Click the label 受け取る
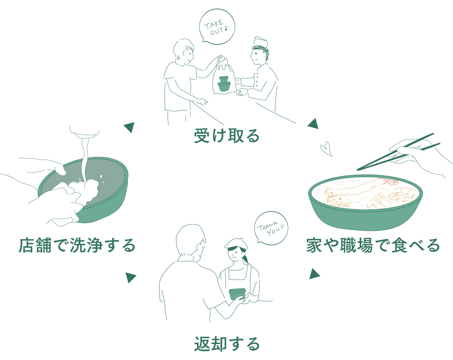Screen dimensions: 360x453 pyautogui.click(x=227, y=136)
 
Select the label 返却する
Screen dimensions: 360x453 pyautogui.click(x=227, y=344)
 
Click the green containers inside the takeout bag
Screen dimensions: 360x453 pyautogui.click(x=224, y=84)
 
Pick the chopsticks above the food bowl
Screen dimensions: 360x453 pyautogui.click(x=398, y=152)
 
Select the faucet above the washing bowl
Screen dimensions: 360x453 pyautogui.click(x=84, y=131)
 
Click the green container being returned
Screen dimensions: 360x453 pyautogui.click(x=237, y=294)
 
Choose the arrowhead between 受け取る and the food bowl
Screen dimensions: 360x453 pyautogui.click(x=313, y=124)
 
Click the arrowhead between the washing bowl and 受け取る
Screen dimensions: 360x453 pyautogui.click(x=129, y=127)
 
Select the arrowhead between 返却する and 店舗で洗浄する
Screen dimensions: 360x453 pyautogui.click(x=130, y=277)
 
